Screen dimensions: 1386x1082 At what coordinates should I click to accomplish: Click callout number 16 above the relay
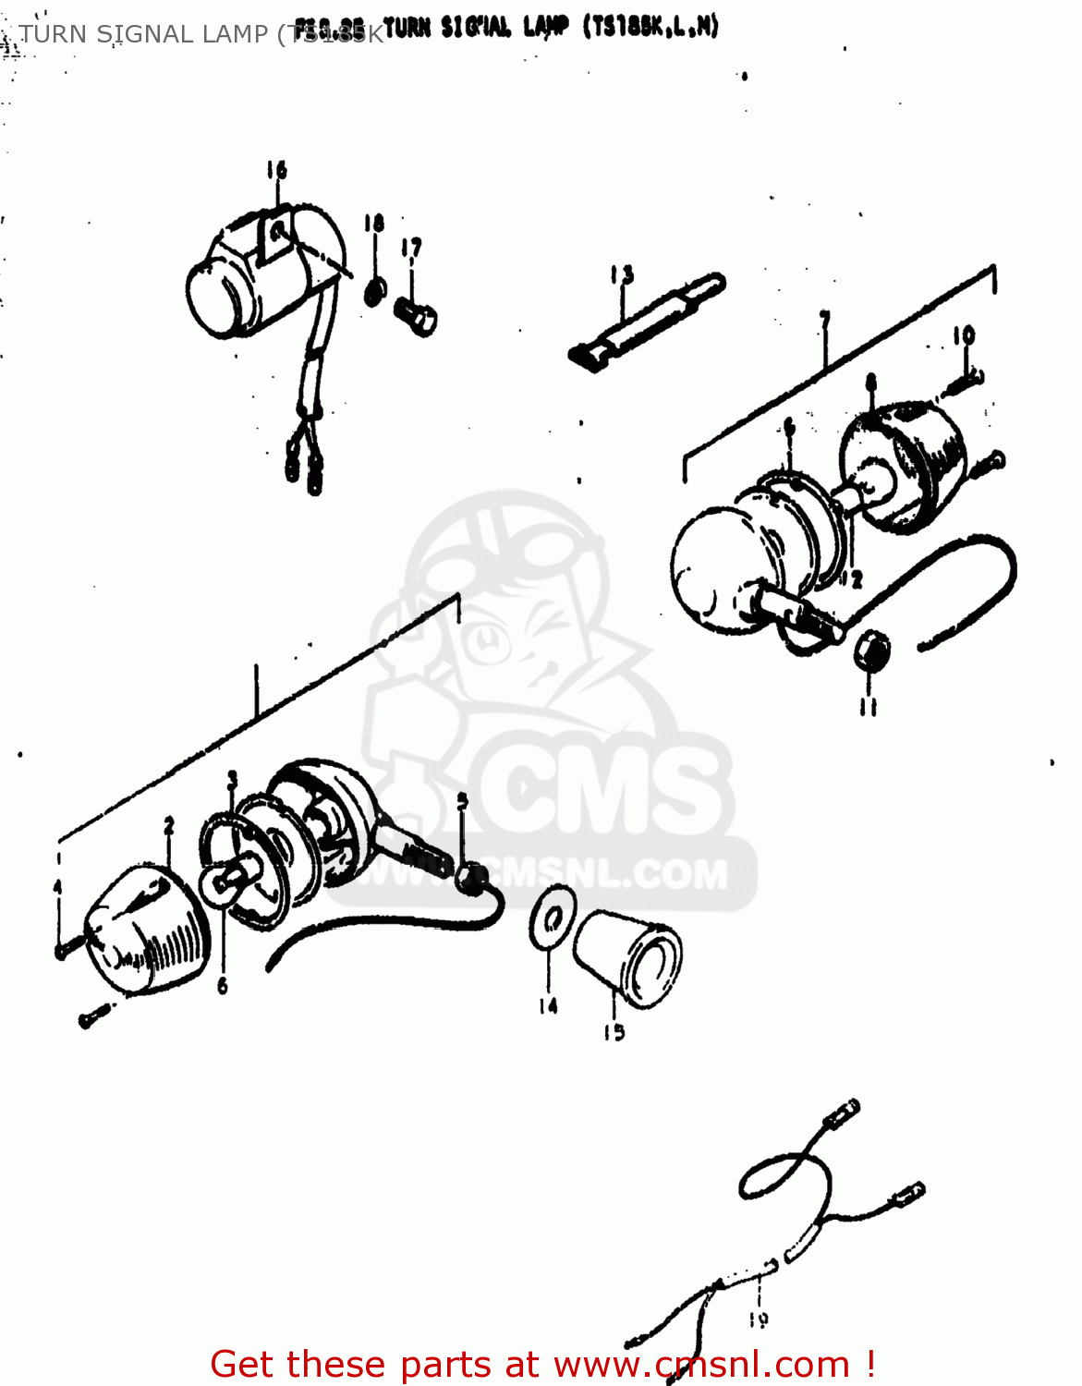coord(277,170)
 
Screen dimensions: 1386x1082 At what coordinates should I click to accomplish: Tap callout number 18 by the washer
coord(373,224)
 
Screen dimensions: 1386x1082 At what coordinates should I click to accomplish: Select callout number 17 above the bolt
coord(411,248)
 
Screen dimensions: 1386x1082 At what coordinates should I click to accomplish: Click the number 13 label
coord(622,274)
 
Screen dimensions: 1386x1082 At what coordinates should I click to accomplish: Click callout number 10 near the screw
coord(964,334)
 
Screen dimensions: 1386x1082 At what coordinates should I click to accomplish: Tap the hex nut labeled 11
coord(870,651)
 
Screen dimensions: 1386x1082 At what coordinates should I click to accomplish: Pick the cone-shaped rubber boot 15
coord(628,956)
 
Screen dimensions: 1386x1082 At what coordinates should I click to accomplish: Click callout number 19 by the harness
coord(759,1320)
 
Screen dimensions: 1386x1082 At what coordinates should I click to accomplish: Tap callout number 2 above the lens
coord(169,825)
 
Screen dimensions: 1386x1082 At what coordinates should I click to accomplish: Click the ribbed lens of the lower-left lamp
coord(148,933)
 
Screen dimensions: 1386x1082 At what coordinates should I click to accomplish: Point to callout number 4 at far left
coord(57,887)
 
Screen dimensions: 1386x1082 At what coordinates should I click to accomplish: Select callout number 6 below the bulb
coord(223,987)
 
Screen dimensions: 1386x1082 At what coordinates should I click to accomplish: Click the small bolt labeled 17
coord(416,316)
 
